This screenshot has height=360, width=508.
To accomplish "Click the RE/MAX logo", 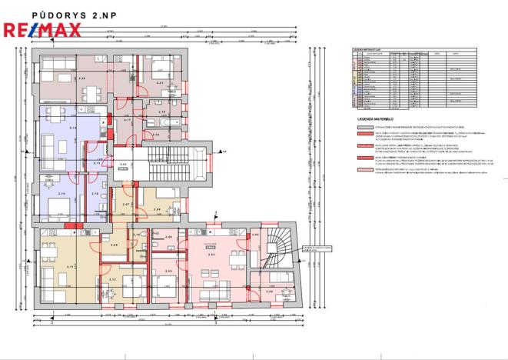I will pos(42,31).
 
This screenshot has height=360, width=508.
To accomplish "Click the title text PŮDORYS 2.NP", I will pos(65,15).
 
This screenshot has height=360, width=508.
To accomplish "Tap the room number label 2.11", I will pos(71,265).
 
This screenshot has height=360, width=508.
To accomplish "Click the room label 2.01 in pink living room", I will pos(211,253).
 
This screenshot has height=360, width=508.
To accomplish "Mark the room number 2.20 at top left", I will pos(82,78).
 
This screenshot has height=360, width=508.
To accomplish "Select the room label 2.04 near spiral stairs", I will pos(269,292).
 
